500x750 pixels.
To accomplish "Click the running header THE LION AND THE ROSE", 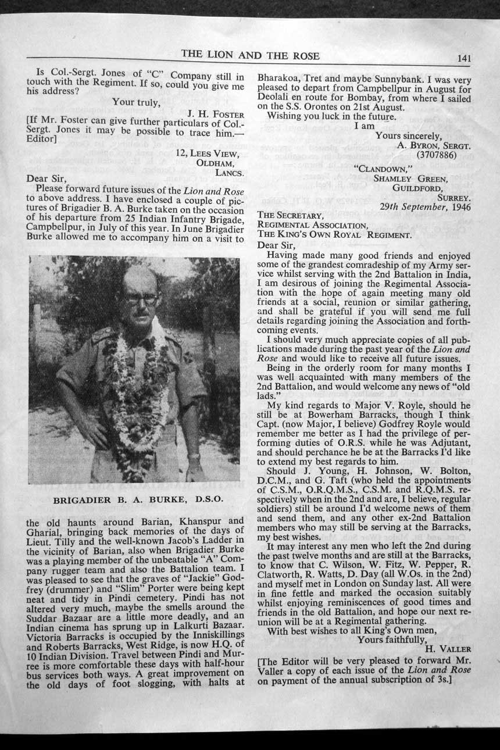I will click(250, 55).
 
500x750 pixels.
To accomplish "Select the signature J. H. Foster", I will click(217, 115).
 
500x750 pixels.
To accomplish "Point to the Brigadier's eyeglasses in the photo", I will click(140, 299).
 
